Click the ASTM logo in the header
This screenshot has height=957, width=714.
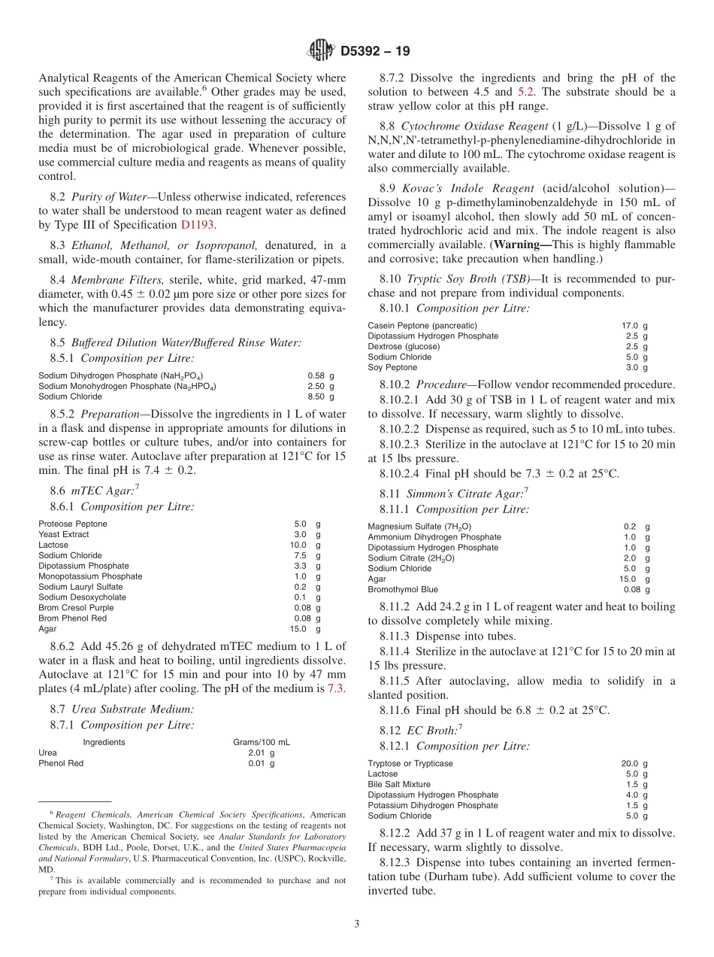point(321,51)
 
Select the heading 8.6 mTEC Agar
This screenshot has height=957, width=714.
point(96,490)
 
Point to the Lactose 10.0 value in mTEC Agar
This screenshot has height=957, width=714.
point(298,545)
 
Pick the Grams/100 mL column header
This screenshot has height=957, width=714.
point(261,742)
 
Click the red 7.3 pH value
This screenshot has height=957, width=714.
point(337,689)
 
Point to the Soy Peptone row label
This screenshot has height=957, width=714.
point(392,368)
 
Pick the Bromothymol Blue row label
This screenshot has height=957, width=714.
point(403,590)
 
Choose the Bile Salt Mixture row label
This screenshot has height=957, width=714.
point(399,784)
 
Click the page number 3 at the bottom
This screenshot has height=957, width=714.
point(357,925)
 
